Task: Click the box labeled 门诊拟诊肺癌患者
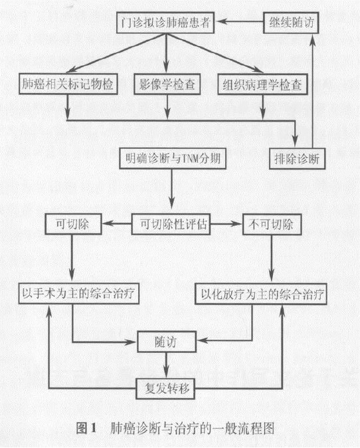(165, 23)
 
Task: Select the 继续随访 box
(291, 23)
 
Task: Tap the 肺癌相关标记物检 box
(68, 84)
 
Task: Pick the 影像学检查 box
(167, 84)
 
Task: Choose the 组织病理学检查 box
(262, 84)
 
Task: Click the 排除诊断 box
(297, 158)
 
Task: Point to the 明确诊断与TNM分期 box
(173, 158)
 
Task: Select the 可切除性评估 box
(171, 224)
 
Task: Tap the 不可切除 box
(272, 224)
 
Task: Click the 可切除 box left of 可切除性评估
(73, 224)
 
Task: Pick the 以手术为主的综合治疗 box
(79, 293)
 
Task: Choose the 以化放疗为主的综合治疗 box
(260, 294)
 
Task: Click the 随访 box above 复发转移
(167, 342)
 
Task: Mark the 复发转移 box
(165, 389)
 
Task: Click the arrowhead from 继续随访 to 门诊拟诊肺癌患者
(220, 21)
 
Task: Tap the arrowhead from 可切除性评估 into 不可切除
(236, 224)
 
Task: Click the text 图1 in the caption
(86, 428)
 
